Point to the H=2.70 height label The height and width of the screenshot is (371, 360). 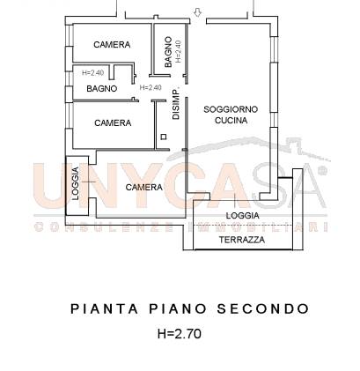pyautogui.click(x=180, y=334)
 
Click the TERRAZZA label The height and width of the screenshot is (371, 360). pyautogui.click(x=241, y=239)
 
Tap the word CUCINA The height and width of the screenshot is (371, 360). pyautogui.click(x=231, y=121)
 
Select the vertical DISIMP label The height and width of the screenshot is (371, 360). pyautogui.click(x=175, y=105)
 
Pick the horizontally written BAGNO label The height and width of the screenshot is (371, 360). pyautogui.click(x=102, y=88)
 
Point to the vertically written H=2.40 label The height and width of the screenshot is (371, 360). pyautogui.click(x=179, y=53)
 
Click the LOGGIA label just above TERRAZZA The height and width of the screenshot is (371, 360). pyautogui.click(x=242, y=215)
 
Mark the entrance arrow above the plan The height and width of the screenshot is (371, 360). pyautogui.click(x=198, y=11)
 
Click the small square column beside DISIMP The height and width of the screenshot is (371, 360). pyautogui.click(x=163, y=136)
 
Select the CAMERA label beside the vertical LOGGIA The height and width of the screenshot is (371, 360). pyautogui.click(x=143, y=187)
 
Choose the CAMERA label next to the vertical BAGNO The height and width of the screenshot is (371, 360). pyautogui.click(x=113, y=44)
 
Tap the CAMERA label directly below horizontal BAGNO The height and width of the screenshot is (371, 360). pyautogui.click(x=113, y=122)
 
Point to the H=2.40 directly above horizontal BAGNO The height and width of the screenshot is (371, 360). pyautogui.click(x=92, y=73)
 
